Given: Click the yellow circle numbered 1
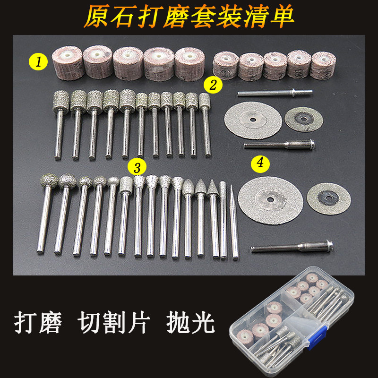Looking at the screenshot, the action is tap(38, 62).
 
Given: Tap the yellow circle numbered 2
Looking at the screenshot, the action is tap(213, 85).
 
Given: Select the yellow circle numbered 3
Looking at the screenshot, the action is tap(137, 167).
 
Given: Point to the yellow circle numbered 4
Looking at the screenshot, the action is tap(260, 163).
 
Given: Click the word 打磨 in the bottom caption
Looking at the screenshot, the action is tap(38, 323).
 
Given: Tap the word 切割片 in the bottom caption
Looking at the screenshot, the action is tap(114, 323).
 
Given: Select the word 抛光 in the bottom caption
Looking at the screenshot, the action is tap(190, 323).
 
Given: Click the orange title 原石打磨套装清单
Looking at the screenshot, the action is tap(189, 17).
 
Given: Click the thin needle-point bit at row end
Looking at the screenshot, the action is tap(234, 222).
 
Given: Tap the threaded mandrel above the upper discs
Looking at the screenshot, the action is tap(275, 93).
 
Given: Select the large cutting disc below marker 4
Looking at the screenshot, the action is tap(270, 200).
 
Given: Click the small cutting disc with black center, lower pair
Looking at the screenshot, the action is tap(328, 198).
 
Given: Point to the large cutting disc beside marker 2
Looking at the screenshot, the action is tap(253, 120).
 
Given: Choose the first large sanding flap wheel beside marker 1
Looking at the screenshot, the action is tap(68, 63).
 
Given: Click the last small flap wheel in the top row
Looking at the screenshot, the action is tap(323, 65).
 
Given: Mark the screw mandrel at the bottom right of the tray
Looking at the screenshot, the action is tap(292, 247).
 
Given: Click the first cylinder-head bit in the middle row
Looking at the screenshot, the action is tap(60, 125).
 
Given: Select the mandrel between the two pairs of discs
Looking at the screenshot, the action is tap(279, 145).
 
